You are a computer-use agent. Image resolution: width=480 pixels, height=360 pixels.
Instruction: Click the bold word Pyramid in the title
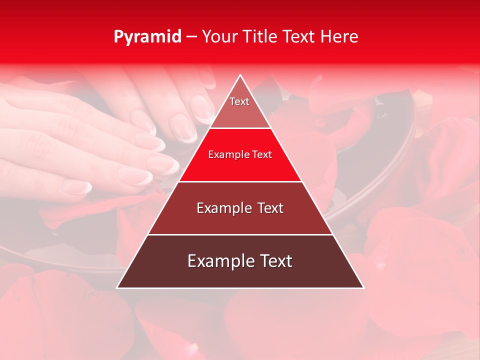[x=147, y=37]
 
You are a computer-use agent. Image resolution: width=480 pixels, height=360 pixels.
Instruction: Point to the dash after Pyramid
[x=191, y=37]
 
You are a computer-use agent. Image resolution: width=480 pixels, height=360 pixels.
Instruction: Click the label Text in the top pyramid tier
[x=239, y=101]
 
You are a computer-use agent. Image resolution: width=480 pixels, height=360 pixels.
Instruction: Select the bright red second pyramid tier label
[x=240, y=154]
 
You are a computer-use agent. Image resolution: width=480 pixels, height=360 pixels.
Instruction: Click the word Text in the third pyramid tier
[x=270, y=208]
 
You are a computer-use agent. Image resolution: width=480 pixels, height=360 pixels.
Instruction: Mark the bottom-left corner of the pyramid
[x=117, y=288]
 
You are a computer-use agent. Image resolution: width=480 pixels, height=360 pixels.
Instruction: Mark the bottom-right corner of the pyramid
[x=363, y=288]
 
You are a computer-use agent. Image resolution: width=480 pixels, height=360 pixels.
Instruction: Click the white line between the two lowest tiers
[x=240, y=234]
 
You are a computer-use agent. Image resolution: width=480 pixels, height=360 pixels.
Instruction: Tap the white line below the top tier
[x=240, y=128]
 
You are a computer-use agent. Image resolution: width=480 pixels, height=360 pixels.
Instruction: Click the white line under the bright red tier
[x=240, y=181]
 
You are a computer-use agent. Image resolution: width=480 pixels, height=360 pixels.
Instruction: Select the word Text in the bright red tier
[x=262, y=154]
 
